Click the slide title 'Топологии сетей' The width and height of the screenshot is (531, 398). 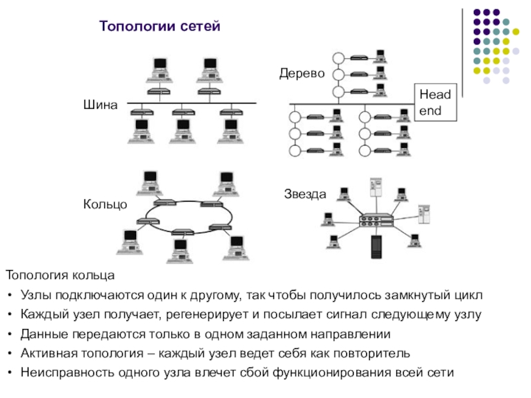click(159, 26)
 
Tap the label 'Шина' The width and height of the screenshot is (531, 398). click(100, 105)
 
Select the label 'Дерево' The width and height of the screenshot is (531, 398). click(302, 73)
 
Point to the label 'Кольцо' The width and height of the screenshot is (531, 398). click(105, 204)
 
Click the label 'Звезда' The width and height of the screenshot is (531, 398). click(305, 194)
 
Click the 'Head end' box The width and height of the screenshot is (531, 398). click(435, 103)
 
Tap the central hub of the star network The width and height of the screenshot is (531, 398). click(376, 220)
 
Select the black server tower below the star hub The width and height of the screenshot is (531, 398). click(376, 247)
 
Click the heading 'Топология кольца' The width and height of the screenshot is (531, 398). click(60, 275)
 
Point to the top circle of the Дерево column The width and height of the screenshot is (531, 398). click(339, 58)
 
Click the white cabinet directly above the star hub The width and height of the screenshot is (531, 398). click(376, 187)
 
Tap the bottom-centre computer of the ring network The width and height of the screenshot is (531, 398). click(180, 251)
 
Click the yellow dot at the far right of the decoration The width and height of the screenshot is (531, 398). click(516, 32)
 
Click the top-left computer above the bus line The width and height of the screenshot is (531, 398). click(159, 70)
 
